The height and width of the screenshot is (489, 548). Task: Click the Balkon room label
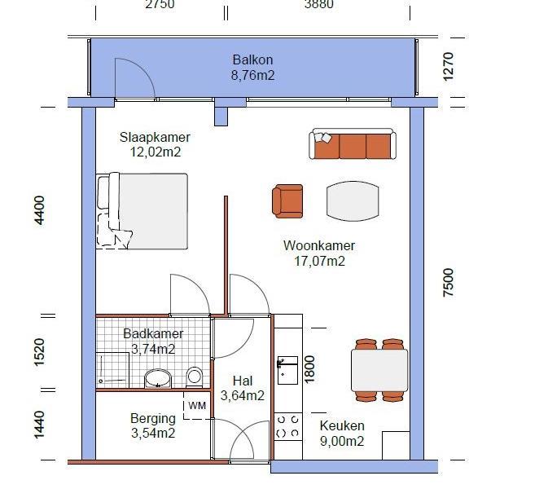coord(252,59)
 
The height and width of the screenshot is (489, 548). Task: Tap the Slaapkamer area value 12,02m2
coord(156,152)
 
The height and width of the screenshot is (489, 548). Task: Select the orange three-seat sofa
coord(353,143)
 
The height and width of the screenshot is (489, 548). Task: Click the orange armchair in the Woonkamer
coord(287,201)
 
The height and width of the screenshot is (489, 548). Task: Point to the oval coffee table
coord(353,201)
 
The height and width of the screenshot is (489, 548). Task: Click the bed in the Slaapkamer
coord(142,211)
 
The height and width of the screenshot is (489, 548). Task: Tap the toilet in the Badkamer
coord(194,377)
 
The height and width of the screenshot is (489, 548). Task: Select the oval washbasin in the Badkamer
coord(158,378)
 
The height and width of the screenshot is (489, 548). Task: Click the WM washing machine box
coord(197,406)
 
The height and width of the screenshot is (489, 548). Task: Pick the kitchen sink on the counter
coord(287,370)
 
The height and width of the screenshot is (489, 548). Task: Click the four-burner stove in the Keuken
coord(288,426)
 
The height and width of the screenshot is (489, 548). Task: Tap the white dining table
coord(379,371)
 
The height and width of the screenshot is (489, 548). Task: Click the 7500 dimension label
coord(448,283)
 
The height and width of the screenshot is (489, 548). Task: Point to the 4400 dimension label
coord(39,210)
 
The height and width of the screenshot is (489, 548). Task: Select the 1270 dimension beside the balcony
coord(448,67)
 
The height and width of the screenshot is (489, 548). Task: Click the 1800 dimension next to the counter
coord(309,369)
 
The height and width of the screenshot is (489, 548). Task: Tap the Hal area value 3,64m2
coord(242,395)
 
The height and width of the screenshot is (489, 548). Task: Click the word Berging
coord(153,418)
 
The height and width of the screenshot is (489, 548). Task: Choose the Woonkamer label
coord(319,245)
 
